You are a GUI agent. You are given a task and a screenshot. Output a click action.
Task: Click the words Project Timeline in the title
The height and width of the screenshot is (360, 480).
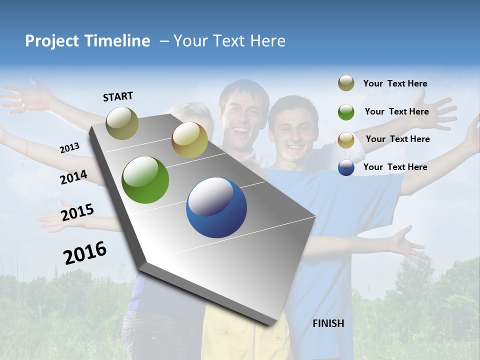87,41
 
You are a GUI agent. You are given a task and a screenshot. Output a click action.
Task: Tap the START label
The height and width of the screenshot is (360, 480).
118,96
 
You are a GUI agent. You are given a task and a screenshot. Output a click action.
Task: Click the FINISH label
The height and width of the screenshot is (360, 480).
328,323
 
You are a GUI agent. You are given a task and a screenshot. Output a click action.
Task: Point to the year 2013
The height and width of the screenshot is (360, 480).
69,148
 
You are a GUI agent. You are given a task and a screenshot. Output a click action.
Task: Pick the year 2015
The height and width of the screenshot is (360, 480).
77,212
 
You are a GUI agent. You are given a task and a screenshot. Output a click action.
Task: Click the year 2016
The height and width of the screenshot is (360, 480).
84,252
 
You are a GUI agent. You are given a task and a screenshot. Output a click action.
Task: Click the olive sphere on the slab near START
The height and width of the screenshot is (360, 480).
122,123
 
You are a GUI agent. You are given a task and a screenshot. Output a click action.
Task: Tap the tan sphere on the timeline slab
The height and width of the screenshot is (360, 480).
189,140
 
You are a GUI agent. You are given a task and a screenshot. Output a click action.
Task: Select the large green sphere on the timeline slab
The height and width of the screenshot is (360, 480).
145,180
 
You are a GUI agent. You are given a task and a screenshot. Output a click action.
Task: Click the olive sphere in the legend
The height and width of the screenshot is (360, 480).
346,83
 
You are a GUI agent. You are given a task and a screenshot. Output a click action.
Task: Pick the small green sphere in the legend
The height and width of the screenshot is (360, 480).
346,111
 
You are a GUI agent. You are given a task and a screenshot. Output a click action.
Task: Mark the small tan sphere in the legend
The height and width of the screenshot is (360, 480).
346,139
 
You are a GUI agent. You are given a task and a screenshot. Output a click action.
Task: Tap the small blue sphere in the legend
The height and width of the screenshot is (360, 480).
346,167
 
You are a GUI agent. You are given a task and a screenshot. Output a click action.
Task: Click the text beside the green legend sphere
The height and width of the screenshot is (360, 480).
396,111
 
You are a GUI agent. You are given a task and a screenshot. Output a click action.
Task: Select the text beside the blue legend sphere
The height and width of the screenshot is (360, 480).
395,167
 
